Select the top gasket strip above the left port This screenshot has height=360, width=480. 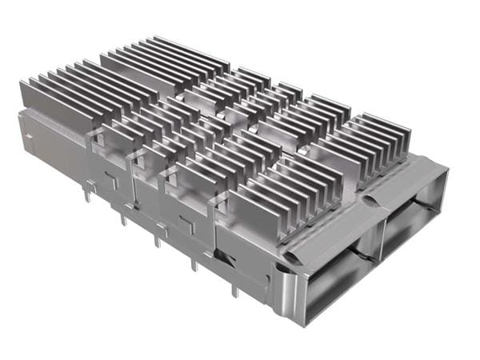click(328, 232)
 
